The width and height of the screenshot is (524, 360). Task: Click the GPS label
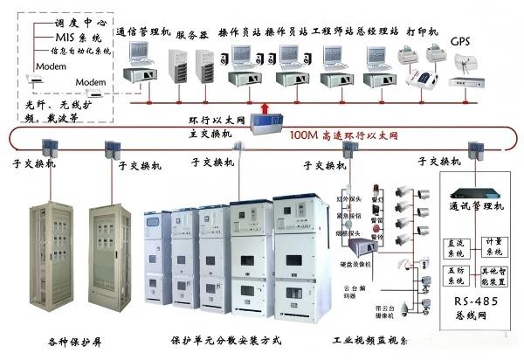click(460, 41)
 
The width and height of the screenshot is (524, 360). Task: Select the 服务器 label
click(191, 35)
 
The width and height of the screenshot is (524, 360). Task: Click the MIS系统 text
click(79, 40)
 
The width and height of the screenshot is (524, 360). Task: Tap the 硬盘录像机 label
click(353, 261)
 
